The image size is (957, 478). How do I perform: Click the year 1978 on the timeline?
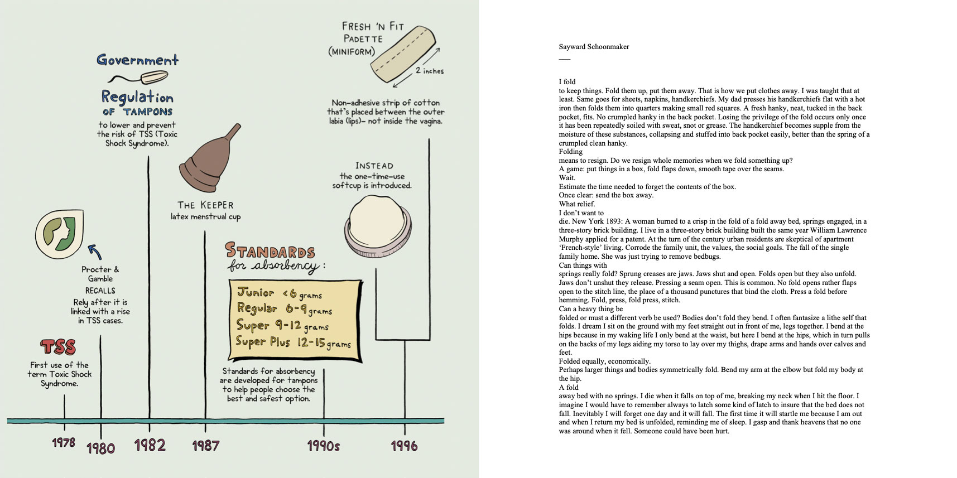point(64,442)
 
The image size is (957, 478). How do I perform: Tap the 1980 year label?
point(100,447)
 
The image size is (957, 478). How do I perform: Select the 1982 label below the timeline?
point(150,445)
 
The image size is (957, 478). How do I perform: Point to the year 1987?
point(205,445)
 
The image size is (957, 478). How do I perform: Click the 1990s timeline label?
point(323,446)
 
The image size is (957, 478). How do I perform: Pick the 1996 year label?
point(404,446)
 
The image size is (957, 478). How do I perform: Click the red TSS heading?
point(58,347)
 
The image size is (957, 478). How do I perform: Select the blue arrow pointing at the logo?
point(94,252)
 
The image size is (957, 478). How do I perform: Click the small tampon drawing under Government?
point(137,77)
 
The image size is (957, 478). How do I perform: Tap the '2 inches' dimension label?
point(429,71)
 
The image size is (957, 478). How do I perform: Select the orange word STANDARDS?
point(270,251)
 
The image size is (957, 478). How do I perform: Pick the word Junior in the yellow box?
point(256,292)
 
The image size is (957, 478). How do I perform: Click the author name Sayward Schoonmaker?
point(594,47)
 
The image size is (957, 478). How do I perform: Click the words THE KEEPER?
point(205,205)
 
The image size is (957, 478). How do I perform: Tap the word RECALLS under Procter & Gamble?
point(100,291)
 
